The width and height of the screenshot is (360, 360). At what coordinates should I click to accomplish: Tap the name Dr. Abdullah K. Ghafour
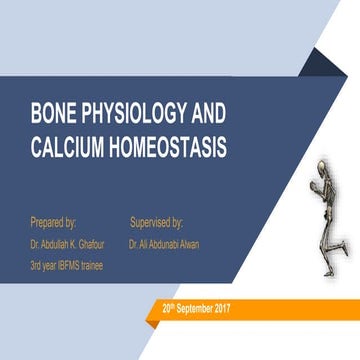70,242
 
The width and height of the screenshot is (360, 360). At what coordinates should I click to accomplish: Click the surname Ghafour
96,242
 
